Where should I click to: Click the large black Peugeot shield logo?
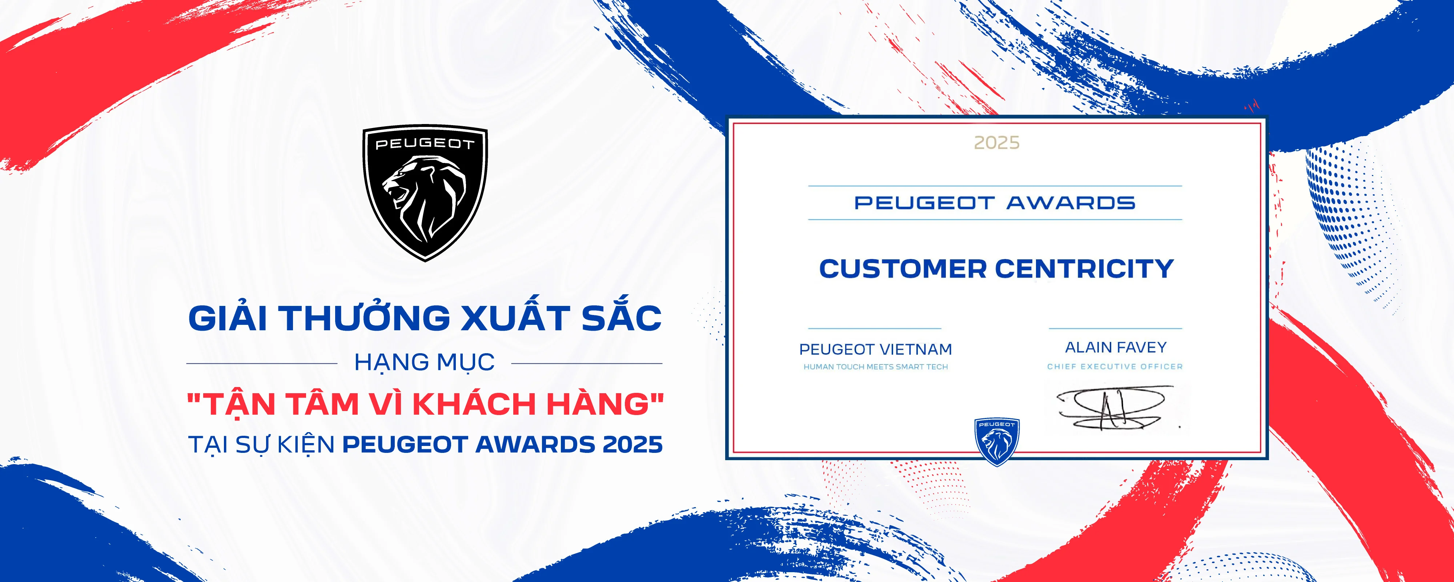click(x=425, y=192)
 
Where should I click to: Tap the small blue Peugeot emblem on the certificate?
click(x=996, y=441)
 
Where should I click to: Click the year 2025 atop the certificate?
click(x=997, y=142)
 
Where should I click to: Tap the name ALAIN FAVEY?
click(x=1115, y=347)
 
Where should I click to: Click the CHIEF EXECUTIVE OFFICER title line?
click(x=1115, y=367)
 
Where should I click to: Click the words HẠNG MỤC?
click(x=425, y=363)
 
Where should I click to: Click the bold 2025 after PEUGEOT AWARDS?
click(x=632, y=445)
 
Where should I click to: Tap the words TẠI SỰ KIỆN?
click(x=261, y=445)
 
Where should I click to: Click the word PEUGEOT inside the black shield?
click(x=425, y=144)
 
